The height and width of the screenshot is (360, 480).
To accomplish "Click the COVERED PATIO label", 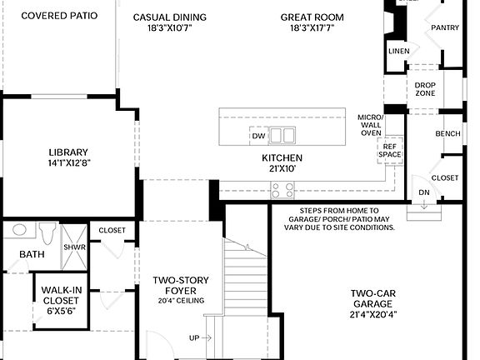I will (x=58, y=16).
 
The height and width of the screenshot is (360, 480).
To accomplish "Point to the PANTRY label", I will (x=444, y=27).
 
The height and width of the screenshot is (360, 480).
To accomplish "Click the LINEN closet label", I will (x=398, y=51).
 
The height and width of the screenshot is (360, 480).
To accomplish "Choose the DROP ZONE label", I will (x=425, y=89).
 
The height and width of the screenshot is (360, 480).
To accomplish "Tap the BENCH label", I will (x=447, y=133).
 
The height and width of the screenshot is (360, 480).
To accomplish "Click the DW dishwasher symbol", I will (x=257, y=136).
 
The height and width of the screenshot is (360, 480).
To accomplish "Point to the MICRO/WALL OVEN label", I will (x=370, y=125).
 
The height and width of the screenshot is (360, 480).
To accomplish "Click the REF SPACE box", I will (x=391, y=151).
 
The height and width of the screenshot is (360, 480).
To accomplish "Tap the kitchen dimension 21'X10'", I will (x=282, y=168).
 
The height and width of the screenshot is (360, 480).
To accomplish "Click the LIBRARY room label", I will (x=68, y=152).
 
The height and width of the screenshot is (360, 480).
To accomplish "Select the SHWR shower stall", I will (x=73, y=247).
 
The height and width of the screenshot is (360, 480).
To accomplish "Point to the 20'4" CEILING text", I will (x=181, y=300).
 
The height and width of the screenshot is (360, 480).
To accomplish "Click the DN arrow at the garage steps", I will (x=424, y=196).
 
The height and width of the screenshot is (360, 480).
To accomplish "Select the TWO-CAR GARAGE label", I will (x=372, y=298).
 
